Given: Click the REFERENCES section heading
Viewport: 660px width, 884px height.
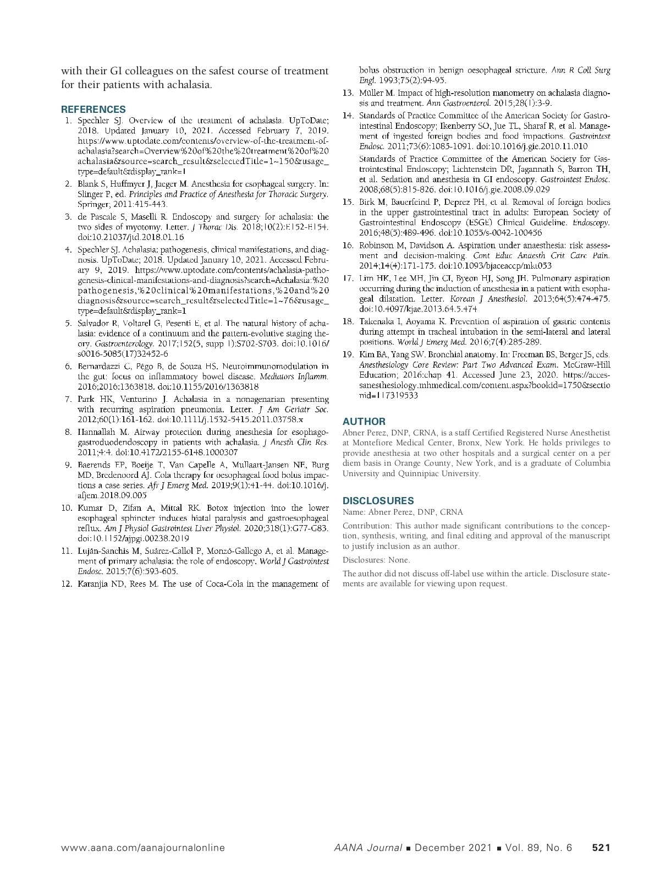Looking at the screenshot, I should (x=93, y=109).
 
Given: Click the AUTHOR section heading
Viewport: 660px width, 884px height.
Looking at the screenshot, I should (x=364, y=421).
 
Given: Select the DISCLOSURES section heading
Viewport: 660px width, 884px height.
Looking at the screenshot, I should (x=378, y=500).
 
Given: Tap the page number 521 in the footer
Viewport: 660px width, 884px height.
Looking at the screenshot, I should (x=601, y=848).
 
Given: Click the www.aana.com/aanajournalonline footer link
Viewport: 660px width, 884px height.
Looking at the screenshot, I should (x=143, y=848).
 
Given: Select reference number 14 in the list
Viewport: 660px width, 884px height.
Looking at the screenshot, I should (x=348, y=116).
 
